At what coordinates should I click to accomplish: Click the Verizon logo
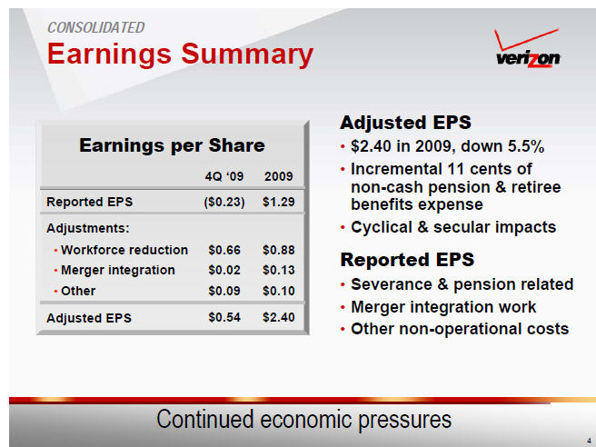pyautogui.click(x=528, y=49)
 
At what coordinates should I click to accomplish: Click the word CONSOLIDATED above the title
pyautogui.click(x=95, y=28)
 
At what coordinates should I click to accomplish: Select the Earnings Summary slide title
pyautogui.click(x=180, y=54)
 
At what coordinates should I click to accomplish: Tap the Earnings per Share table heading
pyautogui.click(x=172, y=145)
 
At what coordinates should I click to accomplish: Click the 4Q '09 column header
pyautogui.click(x=224, y=176)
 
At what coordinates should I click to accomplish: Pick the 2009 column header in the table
pyautogui.click(x=279, y=176)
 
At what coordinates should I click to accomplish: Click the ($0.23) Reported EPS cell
pyautogui.click(x=224, y=202)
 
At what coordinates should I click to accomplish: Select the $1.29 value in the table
pyautogui.click(x=279, y=202)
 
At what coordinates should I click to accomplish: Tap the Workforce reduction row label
pyautogui.click(x=124, y=250)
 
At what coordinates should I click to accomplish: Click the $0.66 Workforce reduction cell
pyautogui.click(x=224, y=250)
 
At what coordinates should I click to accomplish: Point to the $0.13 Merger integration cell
pyautogui.click(x=279, y=270)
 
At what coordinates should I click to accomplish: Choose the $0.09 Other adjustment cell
pyautogui.click(x=224, y=291)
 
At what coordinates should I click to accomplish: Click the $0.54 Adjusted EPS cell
pyautogui.click(x=224, y=317)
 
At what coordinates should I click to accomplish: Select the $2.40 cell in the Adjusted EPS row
pyautogui.click(x=279, y=317)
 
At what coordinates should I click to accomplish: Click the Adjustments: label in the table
pyautogui.click(x=88, y=228)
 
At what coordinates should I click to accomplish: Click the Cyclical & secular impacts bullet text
pyautogui.click(x=453, y=227)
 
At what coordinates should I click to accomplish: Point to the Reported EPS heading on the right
pyautogui.click(x=407, y=260)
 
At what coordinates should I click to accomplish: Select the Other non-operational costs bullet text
pyautogui.click(x=460, y=329)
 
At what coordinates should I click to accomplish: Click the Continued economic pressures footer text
pyautogui.click(x=304, y=420)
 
